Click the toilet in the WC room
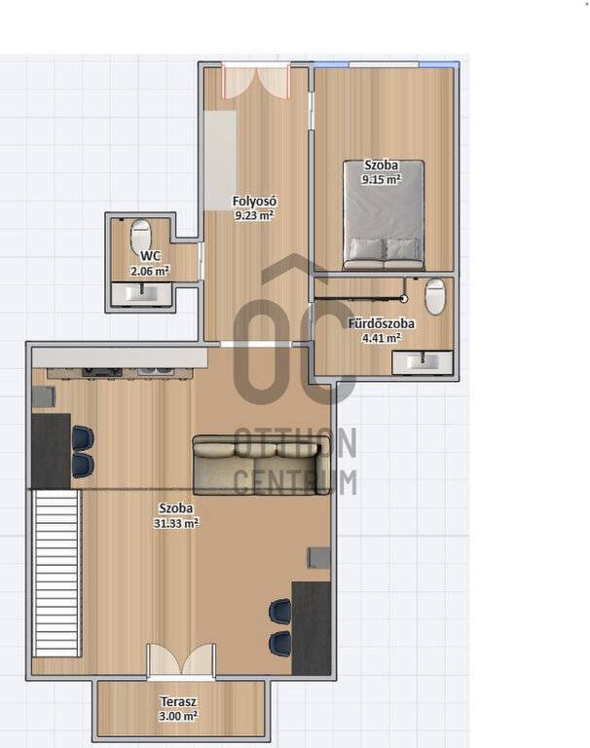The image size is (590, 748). point(141,234)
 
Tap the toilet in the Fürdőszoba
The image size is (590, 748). point(435,297)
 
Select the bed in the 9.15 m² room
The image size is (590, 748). point(384,215)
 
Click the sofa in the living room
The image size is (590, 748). point(261,466)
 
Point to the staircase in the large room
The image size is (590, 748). point(56,575)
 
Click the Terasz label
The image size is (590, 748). point(178,701)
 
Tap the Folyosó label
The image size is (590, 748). point(254,201)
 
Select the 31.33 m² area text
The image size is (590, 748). point(176,523)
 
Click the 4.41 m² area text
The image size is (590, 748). point(381,338)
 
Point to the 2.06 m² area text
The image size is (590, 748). point(150,272)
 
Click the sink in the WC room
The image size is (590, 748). point(141,294)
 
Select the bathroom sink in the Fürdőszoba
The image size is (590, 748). point(423,362)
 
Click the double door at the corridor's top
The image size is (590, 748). point(256,82)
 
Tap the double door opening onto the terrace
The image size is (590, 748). point(181,660)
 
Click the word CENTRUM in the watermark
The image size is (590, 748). point(295,482)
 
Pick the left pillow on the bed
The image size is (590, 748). point(366,249)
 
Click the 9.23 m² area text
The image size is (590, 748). point(254,215)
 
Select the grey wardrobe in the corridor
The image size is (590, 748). point(220,161)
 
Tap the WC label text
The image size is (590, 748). point(150,256)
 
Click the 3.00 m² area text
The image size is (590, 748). point(178,716)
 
